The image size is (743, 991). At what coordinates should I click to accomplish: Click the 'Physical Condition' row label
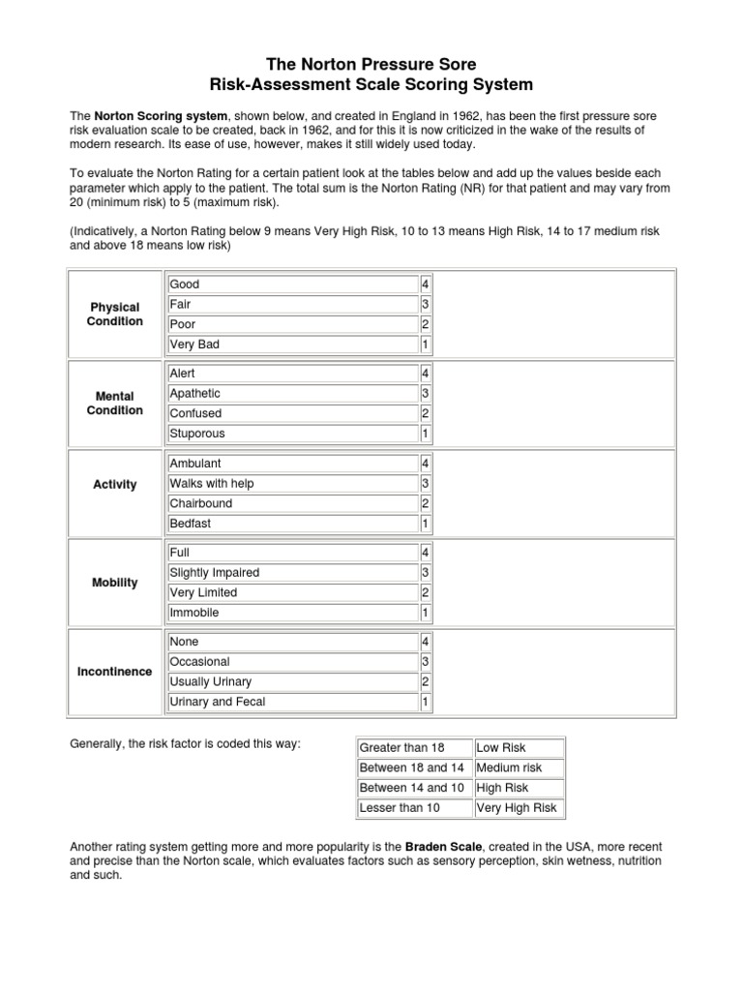point(115,315)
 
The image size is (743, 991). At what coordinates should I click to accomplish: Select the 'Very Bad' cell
point(291,345)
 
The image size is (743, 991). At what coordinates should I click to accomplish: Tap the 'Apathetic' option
point(291,394)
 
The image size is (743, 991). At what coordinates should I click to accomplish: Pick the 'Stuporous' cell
point(291,434)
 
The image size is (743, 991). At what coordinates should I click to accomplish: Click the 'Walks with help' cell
point(291,483)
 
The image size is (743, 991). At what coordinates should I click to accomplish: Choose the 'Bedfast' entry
point(291,524)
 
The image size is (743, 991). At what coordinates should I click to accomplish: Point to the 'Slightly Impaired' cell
point(291,572)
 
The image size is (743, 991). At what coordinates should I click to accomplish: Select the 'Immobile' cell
point(291,613)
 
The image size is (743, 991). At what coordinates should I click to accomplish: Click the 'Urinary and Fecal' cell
point(291,702)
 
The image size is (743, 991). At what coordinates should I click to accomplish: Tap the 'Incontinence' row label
point(115,672)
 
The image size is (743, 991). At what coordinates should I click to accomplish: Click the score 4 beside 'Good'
point(425,285)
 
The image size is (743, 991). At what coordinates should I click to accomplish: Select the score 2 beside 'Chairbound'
point(425,503)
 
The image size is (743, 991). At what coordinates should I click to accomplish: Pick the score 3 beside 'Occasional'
point(425,662)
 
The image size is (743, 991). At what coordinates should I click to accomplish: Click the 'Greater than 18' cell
point(413,748)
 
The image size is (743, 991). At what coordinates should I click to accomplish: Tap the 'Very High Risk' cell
point(518,808)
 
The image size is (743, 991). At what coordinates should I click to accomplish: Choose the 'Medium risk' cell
point(518,768)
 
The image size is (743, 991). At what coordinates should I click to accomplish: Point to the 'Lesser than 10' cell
point(413,808)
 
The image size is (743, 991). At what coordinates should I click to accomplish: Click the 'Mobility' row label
point(115,583)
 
